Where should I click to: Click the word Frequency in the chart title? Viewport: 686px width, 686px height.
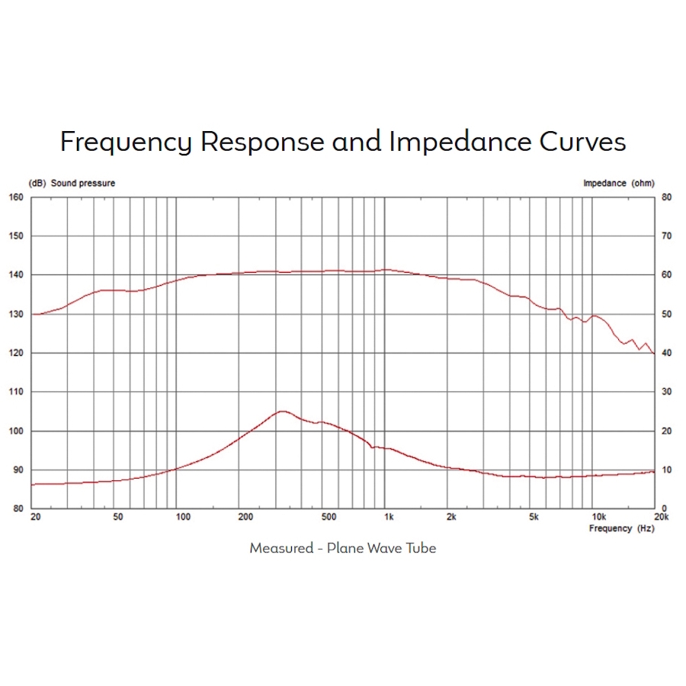point(127,143)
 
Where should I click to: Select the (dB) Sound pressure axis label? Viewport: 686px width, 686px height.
point(72,183)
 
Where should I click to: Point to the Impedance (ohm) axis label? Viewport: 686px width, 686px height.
point(618,183)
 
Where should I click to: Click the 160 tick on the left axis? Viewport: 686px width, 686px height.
point(17,197)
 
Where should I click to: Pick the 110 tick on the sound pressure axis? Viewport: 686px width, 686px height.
point(17,392)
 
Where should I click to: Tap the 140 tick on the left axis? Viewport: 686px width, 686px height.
point(17,275)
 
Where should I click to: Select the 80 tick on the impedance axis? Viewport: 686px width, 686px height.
point(665,197)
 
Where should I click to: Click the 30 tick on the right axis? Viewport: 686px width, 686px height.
point(665,392)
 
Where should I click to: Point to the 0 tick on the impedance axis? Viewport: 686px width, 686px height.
point(663,508)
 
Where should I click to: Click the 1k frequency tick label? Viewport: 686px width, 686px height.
point(389,518)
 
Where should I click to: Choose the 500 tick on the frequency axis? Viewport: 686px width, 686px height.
point(329,518)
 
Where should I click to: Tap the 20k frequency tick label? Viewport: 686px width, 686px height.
point(662,518)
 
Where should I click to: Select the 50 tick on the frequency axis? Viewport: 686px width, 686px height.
point(117,518)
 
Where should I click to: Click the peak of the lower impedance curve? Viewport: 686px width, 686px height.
point(283,412)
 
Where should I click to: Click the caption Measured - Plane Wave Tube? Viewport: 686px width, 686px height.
point(343,548)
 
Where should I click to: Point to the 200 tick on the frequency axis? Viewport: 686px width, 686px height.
point(245,518)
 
